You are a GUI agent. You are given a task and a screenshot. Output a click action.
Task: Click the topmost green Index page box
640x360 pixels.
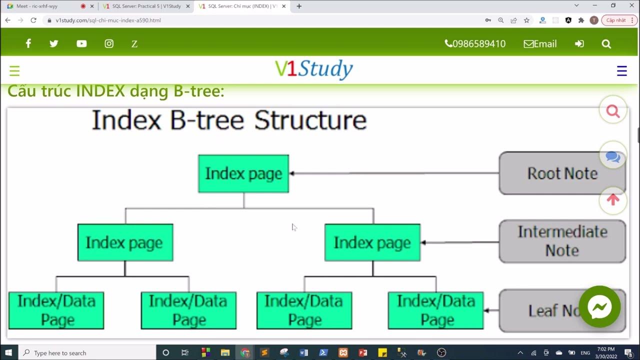[243, 173]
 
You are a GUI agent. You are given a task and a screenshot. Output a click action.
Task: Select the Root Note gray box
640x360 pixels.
[562, 173]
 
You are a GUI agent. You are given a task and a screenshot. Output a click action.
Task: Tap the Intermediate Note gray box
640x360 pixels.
[562, 241]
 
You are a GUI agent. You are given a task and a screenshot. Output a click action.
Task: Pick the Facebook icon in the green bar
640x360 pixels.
[28, 44]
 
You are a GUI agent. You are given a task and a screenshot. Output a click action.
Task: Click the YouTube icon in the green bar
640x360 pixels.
[81, 44]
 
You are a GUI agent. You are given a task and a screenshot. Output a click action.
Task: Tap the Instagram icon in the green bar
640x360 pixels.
[109, 44]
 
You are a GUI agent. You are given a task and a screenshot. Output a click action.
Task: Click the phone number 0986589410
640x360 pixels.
[475, 44]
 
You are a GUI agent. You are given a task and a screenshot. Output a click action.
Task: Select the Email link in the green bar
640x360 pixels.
[540, 44]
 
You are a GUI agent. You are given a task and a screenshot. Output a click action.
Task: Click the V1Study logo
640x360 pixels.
[314, 69]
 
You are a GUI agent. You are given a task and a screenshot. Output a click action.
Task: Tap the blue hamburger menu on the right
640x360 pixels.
[621, 71]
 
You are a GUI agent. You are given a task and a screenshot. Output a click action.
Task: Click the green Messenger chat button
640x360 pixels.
[599, 307]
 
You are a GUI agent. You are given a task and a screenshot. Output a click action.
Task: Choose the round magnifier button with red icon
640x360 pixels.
[613, 110]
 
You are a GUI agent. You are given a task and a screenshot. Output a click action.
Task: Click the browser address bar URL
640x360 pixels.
[108, 20]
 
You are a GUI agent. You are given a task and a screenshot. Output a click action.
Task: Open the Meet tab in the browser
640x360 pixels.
[45, 6]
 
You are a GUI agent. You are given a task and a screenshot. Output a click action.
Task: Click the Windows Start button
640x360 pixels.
[8, 352]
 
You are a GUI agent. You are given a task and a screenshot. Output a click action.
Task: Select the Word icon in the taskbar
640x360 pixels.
[303, 352]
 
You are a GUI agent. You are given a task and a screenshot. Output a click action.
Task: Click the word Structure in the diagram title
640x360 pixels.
[310, 120]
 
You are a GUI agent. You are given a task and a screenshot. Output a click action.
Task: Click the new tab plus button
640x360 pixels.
[299, 6]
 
